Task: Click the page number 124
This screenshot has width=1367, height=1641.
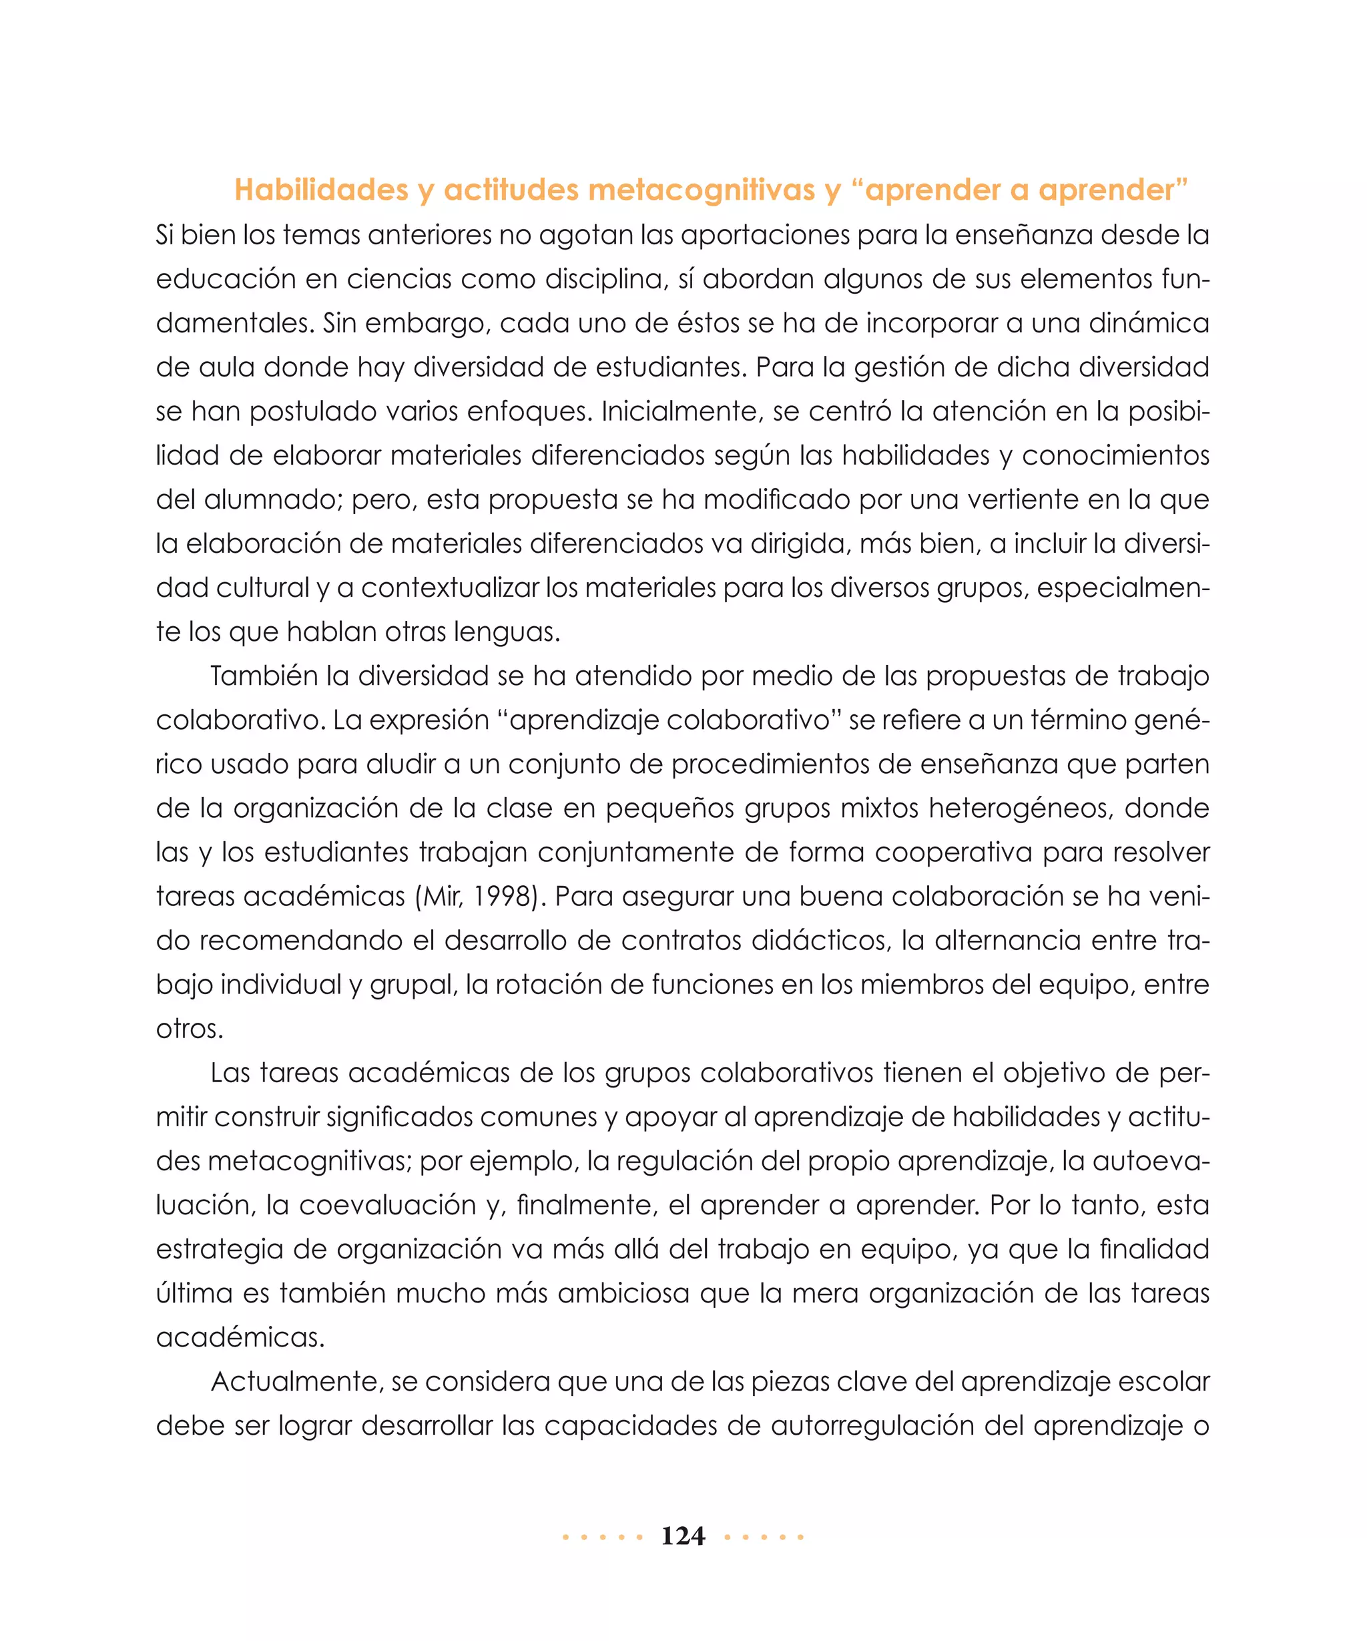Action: coord(683,1536)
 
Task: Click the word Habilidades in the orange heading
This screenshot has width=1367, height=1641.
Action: coord(321,190)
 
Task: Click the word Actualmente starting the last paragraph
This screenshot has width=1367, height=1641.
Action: coord(295,1381)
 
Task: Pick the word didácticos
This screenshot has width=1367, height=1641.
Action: coord(821,940)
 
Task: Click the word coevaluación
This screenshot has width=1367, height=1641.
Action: coord(387,1205)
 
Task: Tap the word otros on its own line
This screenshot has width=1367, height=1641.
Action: coord(189,1028)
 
